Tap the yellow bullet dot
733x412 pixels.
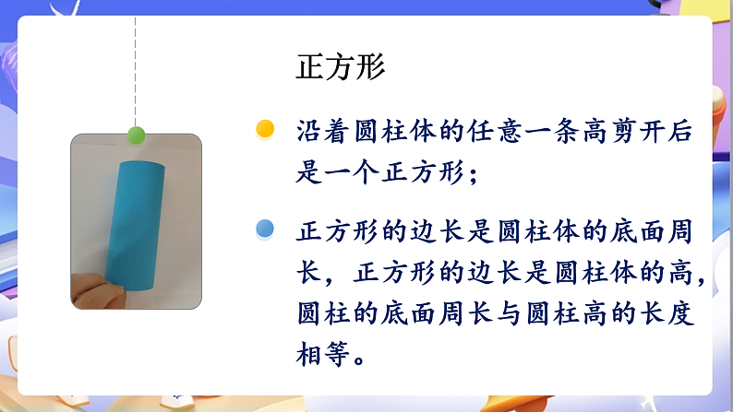(266, 129)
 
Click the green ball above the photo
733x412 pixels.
(137, 136)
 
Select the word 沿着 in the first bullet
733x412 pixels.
(327, 132)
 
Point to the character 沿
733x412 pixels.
(310, 132)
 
